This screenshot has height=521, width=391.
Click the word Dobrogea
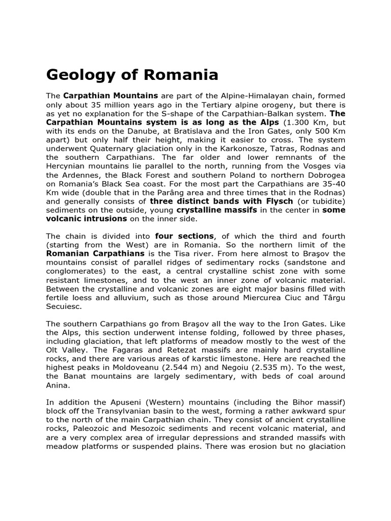pyautogui.click(x=327, y=175)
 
